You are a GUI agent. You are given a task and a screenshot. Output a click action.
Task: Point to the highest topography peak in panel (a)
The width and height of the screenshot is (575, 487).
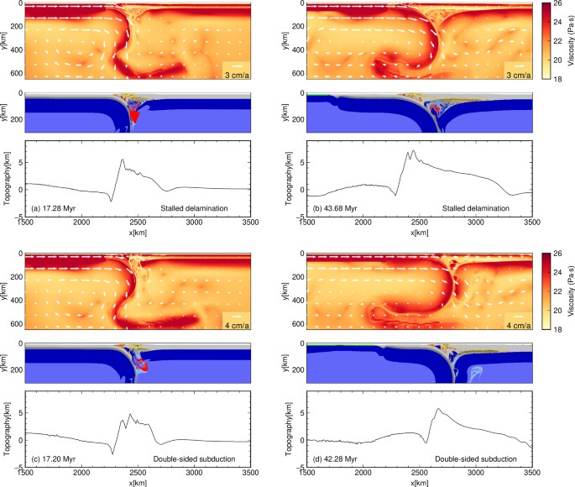(123, 160)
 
